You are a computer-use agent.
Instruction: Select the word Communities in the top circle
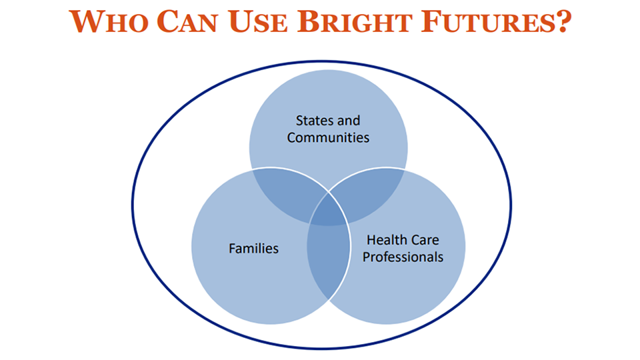[x=328, y=137]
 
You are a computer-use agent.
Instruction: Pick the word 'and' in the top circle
[x=349, y=121]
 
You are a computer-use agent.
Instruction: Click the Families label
[x=253, y=249]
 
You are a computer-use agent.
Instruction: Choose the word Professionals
[x=403, y=257]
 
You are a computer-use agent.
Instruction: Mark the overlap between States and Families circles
[x=286, y=192]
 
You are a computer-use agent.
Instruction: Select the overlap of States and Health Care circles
[x=369, y=192]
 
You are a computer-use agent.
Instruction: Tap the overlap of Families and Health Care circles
[x=329, y=261]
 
